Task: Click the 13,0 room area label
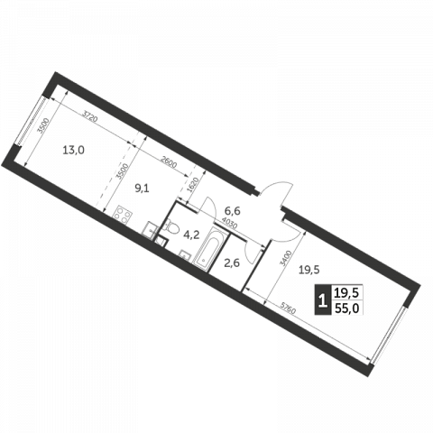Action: (73, 150)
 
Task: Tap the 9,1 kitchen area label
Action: (142, 189)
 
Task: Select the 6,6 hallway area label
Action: (233, 211)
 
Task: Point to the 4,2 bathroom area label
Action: (191, 235)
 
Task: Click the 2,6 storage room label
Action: (232, 263)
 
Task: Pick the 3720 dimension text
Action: (90, 116)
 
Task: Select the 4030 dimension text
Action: (229, 224)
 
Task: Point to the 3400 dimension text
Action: (286, 259)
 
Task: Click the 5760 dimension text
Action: (288, 308)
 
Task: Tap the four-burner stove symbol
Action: (123, 214)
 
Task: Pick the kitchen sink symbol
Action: (150, 230)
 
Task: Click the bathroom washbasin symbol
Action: (185, 255)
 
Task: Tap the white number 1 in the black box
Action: (323, 299)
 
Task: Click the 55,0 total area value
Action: (347, 308)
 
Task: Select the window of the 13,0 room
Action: (31, 121)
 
